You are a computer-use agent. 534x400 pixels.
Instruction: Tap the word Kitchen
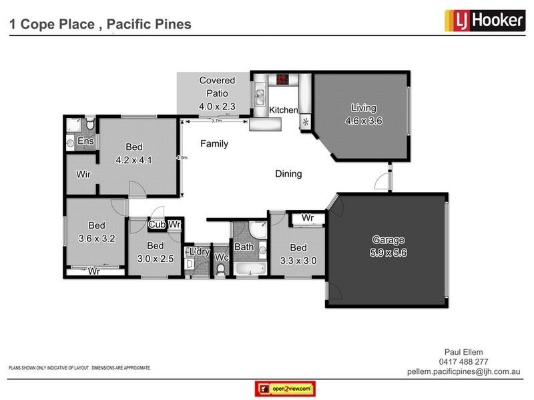(283, 109)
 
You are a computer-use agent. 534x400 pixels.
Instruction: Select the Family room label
(214, 143)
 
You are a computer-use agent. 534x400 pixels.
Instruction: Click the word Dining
(288, 174)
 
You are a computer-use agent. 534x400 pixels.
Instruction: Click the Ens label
(85, 141)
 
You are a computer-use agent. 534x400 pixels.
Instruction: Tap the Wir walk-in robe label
(83, 175)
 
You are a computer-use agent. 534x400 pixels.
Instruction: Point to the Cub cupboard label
(156, 225)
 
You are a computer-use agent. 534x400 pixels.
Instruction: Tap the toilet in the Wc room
(220, 268)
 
